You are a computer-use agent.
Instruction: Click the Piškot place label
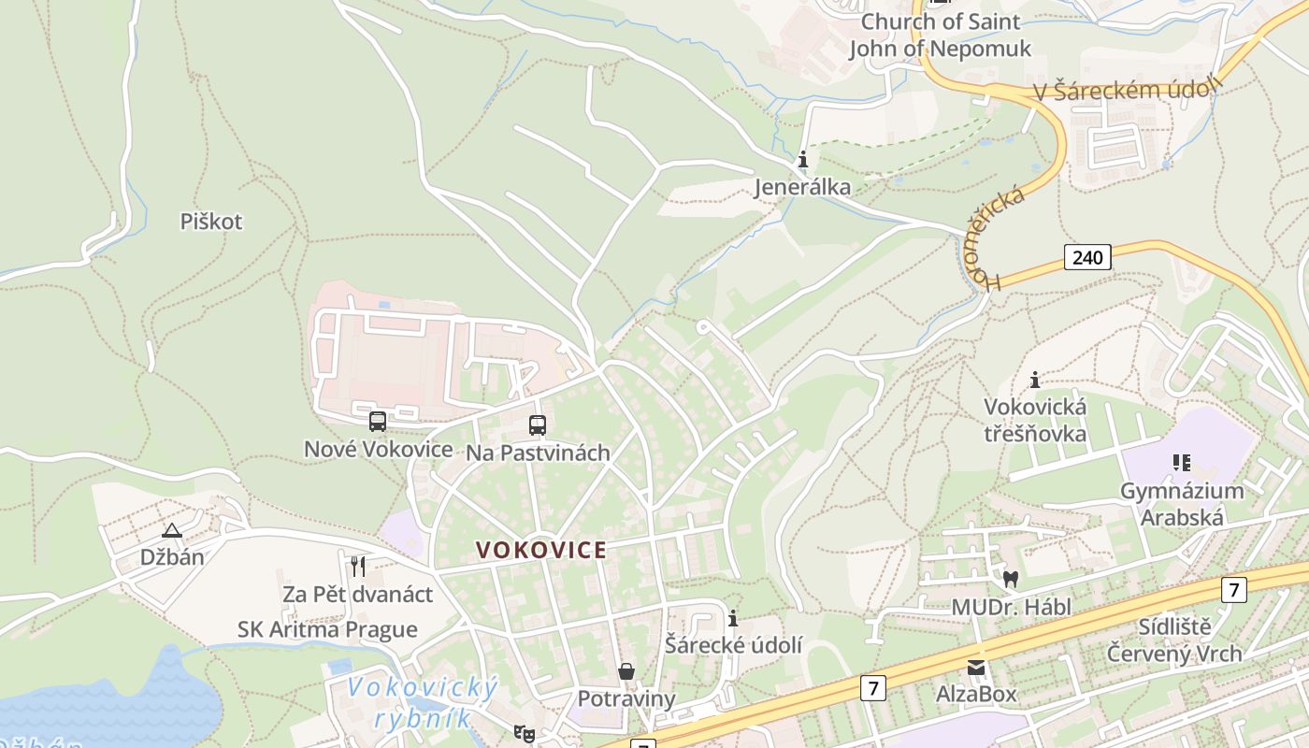pyautogui.click(x=211, y=222)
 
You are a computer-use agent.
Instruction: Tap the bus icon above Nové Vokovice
pyautogui.click(x=378, y=422)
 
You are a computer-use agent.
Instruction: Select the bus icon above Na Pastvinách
pyautogui.click(x=538, y=425)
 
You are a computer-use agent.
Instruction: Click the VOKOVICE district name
pyautogui.click(x=541, y=550)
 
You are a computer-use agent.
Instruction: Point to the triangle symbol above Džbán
pyautogui.click(x=172, y=531)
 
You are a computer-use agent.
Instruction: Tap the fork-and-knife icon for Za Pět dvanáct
pyautogui.click(x=357, y=566)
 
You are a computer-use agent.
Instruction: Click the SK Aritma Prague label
pyautogui.click(x=327, y=629)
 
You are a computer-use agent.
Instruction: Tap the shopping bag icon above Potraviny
pyautogui.click(x=626, y=671)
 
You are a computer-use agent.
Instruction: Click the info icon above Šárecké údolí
pyautogui.click(x=733, y=618)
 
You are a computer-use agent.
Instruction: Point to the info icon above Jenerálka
pyautogui.click(x=802, y=161)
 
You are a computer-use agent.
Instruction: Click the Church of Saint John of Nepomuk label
pyautogui.click(x=940, y=35)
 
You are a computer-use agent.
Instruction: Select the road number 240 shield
pyautogui.click(x=1087, y=256)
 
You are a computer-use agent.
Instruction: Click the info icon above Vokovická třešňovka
pyautogui.click(x=1035, y=380)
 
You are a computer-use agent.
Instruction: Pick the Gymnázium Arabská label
pyautogui.click(x=1182, y=503)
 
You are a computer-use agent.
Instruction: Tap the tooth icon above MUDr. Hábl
pyautogui.click(x=1010, y=579)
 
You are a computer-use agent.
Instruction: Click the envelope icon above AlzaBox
pyautogui.click(x=976, y=667)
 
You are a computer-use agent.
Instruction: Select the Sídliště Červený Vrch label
pyautogui.click(x=1174, y=640)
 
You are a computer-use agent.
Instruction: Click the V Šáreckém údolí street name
pyautogui.click(x=1128, y=90)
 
